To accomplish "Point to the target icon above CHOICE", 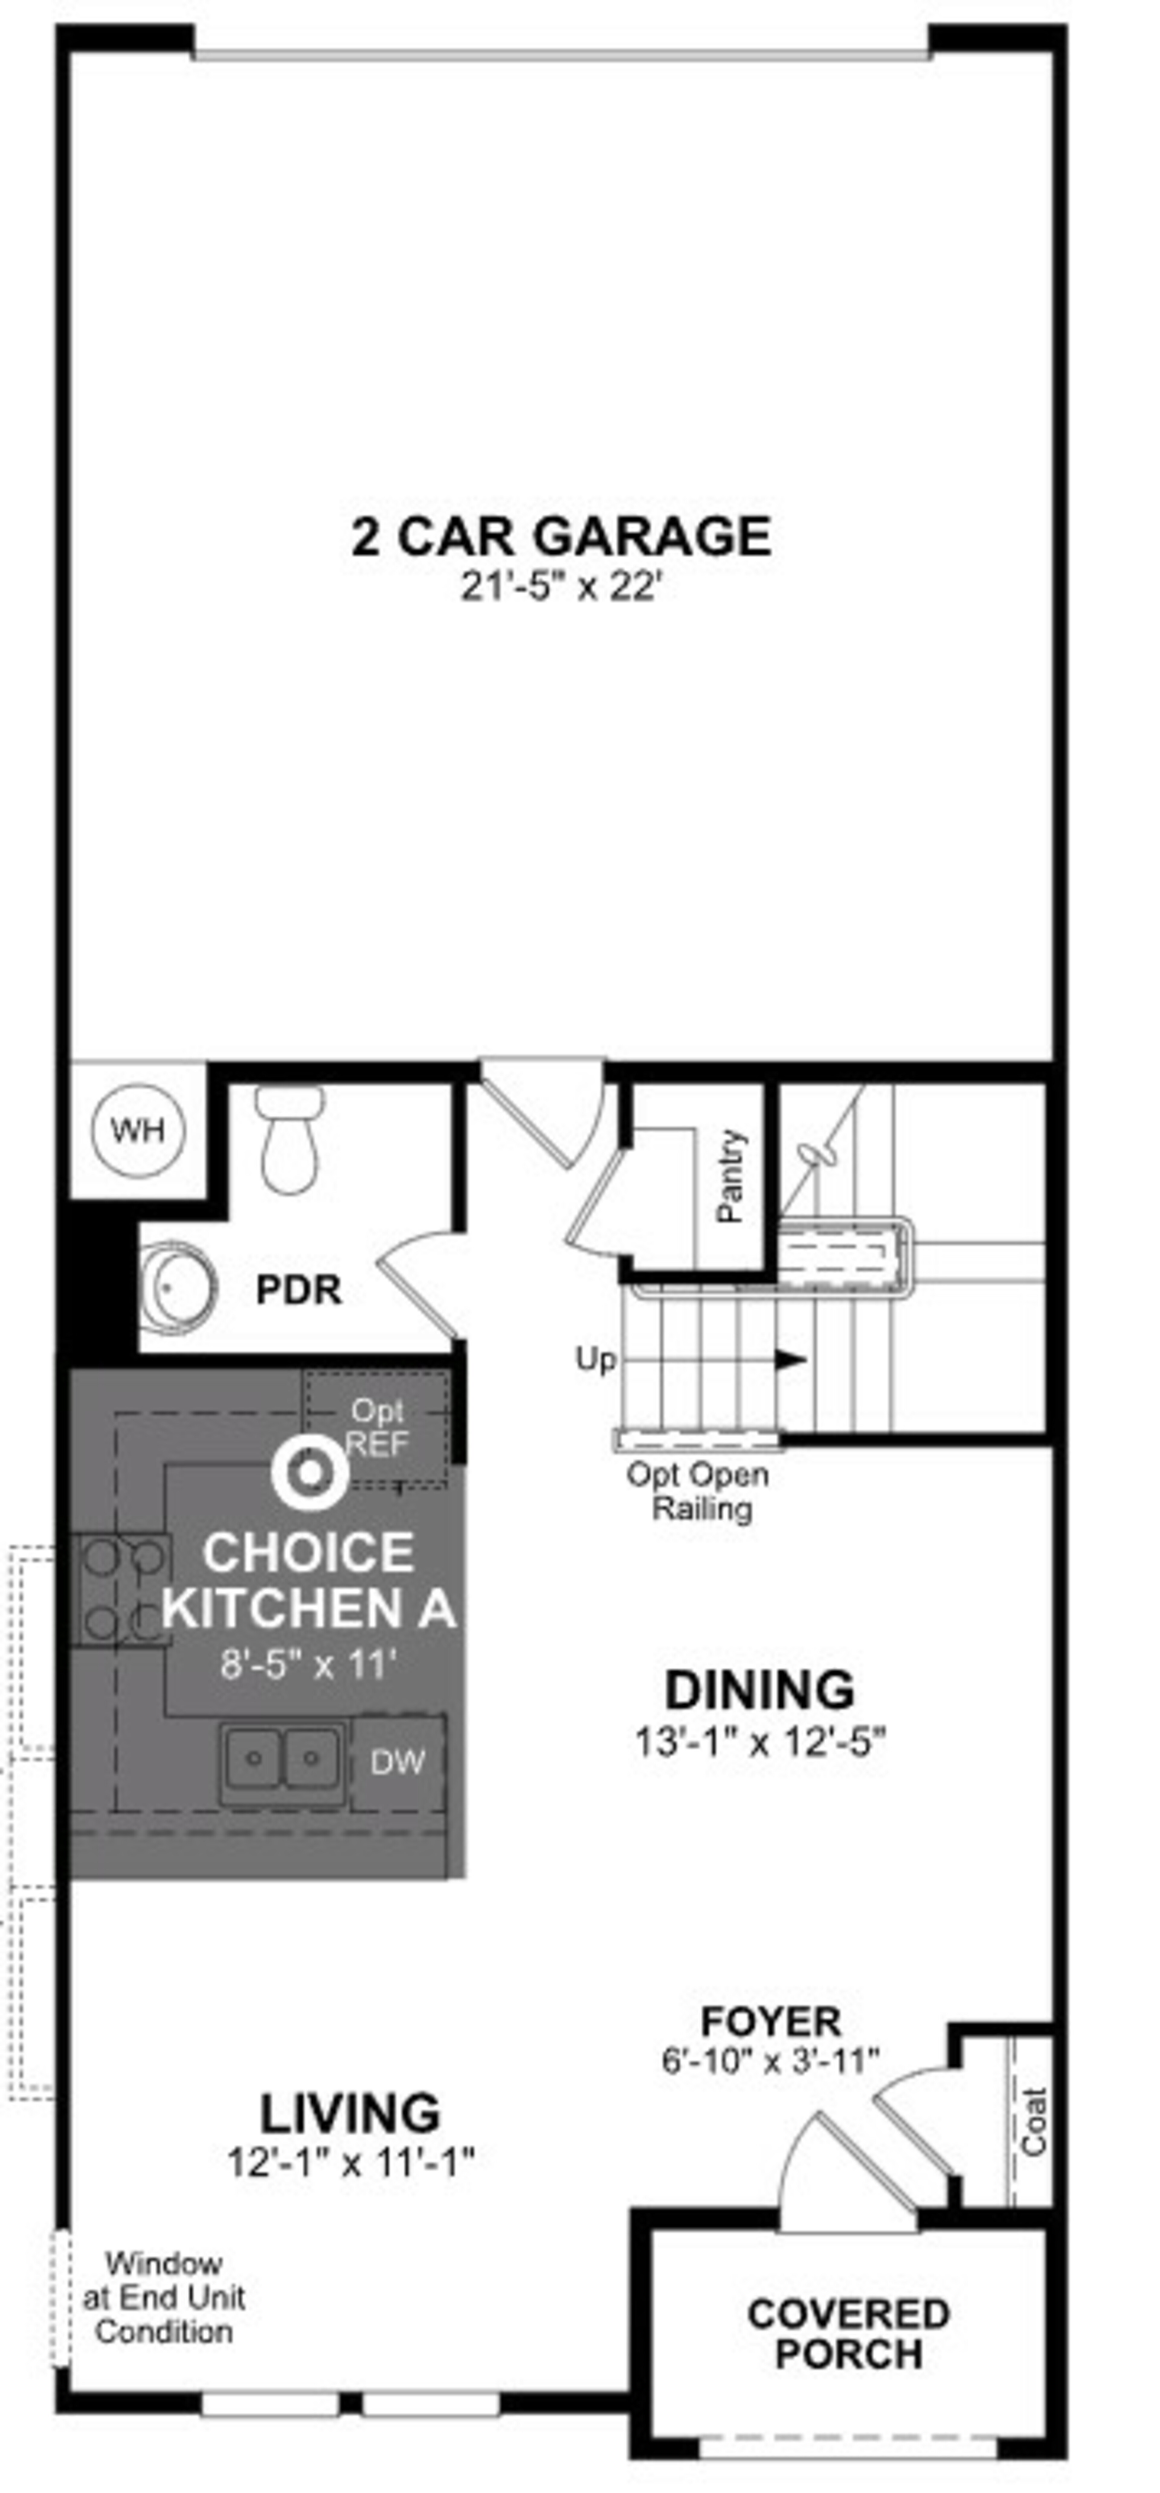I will pyautogui.click(x=310, y=1472).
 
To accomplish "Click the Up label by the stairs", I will pyautogui.click(x=595, y=1360).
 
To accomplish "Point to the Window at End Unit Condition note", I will pyautogui.click(x=164, y=2298).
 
